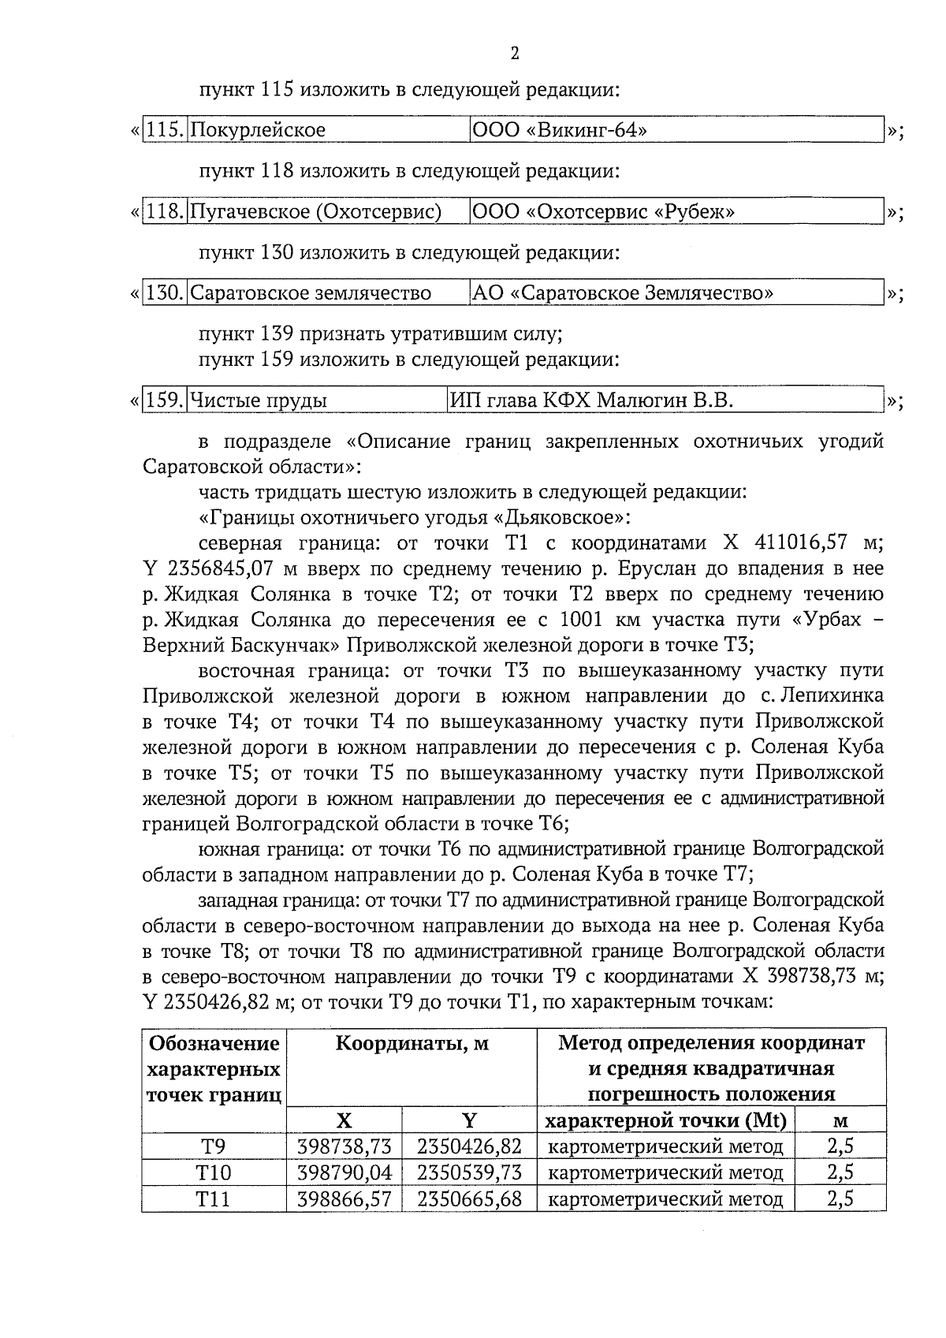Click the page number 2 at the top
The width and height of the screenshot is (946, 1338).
pos(514,54)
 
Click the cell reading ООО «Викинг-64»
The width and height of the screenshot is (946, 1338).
pos(558,129)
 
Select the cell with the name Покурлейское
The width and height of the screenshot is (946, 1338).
pos(259,129)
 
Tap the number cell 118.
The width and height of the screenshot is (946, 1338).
pos(165,211)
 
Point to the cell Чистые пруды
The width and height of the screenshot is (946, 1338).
pos(259,401)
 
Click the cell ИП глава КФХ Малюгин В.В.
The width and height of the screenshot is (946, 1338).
pos(591,401)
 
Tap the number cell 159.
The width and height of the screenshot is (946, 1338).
pos(165,401)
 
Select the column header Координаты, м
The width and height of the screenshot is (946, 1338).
pos(412,1044)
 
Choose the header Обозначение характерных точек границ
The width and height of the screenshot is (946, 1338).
pos(214,1069)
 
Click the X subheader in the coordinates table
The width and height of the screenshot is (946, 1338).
pos(344,1121)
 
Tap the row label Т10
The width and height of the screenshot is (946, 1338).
pos(214,1173)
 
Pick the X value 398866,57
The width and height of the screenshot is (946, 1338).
pos(344,1199)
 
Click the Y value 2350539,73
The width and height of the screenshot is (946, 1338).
pos(469,1173)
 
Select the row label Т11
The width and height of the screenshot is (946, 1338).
pos(214,1199)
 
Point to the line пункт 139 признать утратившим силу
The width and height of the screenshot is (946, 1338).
pos(380,334)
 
